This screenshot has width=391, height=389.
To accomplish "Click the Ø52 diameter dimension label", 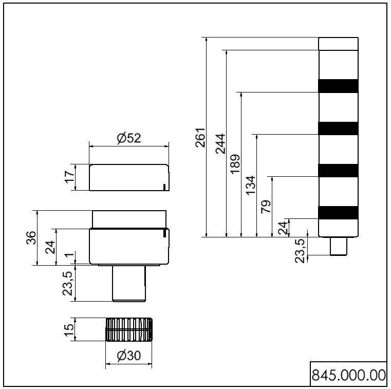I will [x=128, y=138].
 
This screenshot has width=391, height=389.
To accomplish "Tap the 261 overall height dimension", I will [x=200, y=137].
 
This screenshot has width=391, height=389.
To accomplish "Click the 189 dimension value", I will [x=235, y=164].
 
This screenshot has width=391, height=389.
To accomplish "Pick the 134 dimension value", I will [x=250, y=186].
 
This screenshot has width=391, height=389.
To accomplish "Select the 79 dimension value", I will [x=266, y=207].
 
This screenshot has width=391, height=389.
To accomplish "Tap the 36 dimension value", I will [x=31, y=238].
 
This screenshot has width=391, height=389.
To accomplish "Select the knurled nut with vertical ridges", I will [x=129, y=329].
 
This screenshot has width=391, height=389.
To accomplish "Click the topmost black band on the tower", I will [x=338, y=86].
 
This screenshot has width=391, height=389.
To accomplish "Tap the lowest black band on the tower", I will [x=338, y=212].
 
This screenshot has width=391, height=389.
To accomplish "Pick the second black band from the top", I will [x=338, y=128].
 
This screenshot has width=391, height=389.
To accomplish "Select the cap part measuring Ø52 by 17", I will [x=128, y=177].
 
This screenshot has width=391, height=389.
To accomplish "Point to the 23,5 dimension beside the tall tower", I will [x=300, y=250].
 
